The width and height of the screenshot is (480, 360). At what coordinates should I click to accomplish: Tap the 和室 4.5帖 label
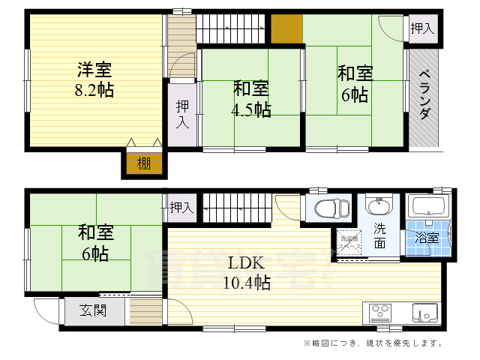(x=250, y=99)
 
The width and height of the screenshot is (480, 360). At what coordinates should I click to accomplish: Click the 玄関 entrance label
(x=94, y=310)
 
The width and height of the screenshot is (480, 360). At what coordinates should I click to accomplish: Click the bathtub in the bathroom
(x=428, y=207)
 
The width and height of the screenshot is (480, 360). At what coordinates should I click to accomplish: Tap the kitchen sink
(x=424, y=311)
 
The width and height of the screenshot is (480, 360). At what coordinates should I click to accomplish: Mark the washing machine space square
(x=347, y=240)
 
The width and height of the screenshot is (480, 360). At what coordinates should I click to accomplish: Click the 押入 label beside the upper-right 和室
(x=422, y=28)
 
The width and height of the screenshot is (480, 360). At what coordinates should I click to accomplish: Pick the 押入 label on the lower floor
(x=181, y=206)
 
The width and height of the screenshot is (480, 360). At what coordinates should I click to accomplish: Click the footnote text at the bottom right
(x=373, y=343)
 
